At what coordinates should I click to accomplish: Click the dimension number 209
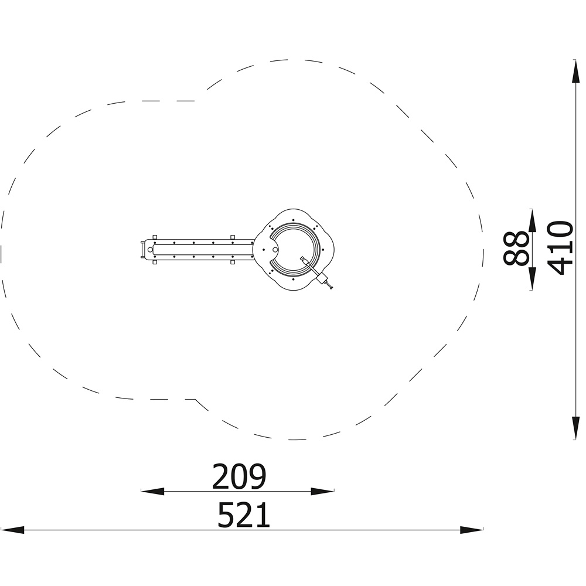[x=239, y=476]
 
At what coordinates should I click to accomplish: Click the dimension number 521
[x=244, y=515]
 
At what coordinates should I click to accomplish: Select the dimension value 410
[x=560, y=248]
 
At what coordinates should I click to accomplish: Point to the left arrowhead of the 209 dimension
[x=152, y=492]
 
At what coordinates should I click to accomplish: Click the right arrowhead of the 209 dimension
[x=322, y=492]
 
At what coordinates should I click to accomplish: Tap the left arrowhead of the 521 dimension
[x=12, y=530]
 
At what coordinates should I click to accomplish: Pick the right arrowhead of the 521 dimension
[x=472, y=530]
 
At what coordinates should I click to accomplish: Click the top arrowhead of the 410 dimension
[x=576, y=71]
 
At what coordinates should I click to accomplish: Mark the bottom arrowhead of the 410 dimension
[x=576, y=428]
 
